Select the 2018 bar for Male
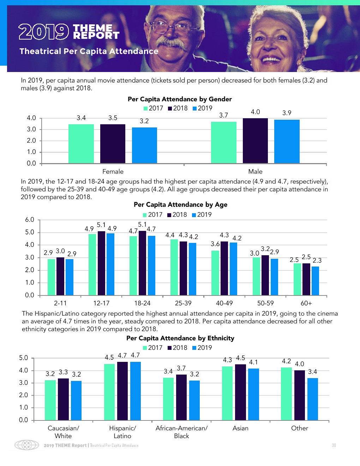pyautogui.click(x=255, y=141)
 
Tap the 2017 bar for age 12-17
pyautogui.click(x=92, y=264)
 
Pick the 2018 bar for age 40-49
pyautogui.click(x=224, y=268)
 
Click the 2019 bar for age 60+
pyautogui.click(x=315, y=281)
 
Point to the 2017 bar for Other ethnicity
pyautogui.click(x=286, y=394)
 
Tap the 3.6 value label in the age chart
pyautogui.click(x=215, y=244)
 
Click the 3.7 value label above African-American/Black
pyautogui.click(x=181, y=368)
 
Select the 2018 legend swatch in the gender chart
pyautogui.click(x=170, y=108)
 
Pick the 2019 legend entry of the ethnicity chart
pyautogui.click(x=202, y=348)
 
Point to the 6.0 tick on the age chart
pyautogui.click(x=30, y=220)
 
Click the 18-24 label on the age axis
pyautogui.click(x=142, y=303)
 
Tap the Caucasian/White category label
pyautogui.click(x=63, y=432)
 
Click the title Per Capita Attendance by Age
pyautogui.click(x=180, y=204)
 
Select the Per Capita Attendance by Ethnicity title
pyautogui.click(x=180, y=338)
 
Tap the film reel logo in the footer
pyautogui.click(x=26, y=445)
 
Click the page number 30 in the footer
pyautogui.click(x=334, y=445)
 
